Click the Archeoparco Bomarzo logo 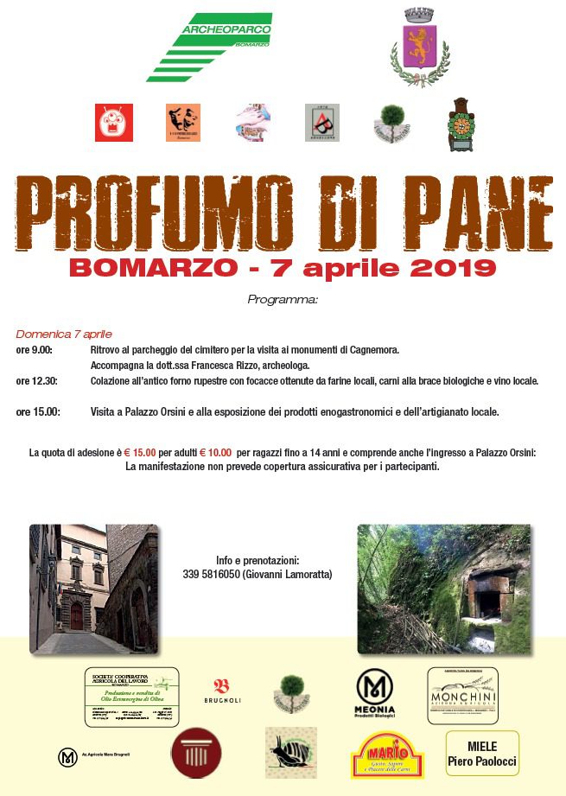click(210, 45)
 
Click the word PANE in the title click(470, 213)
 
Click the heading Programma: click(283, 300)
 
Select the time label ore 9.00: click(35, 350)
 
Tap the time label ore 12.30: click(37, 380)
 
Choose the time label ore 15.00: click(37, 412)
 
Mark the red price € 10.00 click(216, 452)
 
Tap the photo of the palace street click(93, 589)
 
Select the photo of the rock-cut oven click(444, 589)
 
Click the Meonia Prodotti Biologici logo click(375, 693)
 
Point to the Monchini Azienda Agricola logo click(462, 696)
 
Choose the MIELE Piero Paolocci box click(482, 754)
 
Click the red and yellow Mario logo click(388, 755)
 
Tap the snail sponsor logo click(290, 753)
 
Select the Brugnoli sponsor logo click(221, 690)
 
